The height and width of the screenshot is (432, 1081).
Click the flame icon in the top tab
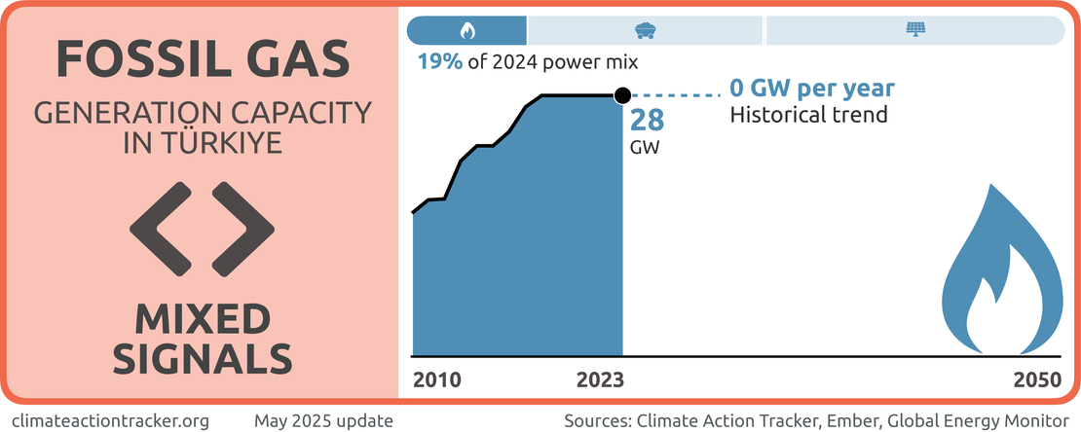467,30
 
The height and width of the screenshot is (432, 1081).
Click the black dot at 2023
622,95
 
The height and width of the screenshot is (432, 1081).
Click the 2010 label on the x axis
436,379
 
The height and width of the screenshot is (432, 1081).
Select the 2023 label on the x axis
600,379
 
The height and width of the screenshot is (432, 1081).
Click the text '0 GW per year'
812,90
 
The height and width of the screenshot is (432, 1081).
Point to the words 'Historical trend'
808,115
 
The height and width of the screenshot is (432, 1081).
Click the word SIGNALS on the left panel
203,358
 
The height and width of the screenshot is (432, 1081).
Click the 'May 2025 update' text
323,420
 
